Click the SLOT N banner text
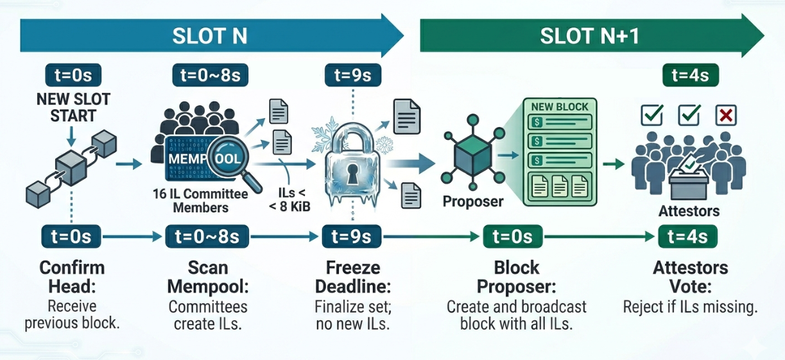209,36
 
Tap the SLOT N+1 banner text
589,36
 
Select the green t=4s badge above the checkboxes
691,75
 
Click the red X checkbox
726,116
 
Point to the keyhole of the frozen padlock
352,174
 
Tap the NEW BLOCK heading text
560,107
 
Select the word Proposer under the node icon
473,201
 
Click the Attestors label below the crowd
689,211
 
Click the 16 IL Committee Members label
200,201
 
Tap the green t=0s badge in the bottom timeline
512,237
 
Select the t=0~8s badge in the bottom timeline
207,237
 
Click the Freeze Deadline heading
353,277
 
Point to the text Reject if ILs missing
690,307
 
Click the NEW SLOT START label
73,108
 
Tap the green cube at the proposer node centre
473,157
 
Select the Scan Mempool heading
208,277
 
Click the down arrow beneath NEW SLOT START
71,137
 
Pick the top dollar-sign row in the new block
560,122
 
